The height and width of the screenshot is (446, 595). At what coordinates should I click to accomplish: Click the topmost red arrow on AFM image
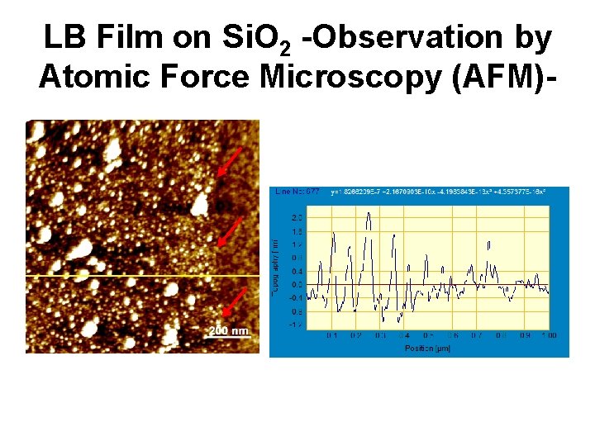231,162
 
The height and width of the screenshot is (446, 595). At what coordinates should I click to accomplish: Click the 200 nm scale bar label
228,330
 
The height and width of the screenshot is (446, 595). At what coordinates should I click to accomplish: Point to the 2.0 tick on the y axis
295,217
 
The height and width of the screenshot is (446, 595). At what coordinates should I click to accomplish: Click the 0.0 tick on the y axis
295,284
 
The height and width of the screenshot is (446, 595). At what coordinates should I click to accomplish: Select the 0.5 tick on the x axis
427,336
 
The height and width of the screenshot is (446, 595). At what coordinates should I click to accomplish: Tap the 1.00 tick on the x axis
548,336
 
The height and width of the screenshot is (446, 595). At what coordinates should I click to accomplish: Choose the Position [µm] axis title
427,348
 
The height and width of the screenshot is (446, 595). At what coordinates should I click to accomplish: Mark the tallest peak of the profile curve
368,214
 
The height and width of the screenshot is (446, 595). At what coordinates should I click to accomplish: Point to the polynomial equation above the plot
437,192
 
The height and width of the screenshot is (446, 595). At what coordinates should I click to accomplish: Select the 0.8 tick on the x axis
500,336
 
